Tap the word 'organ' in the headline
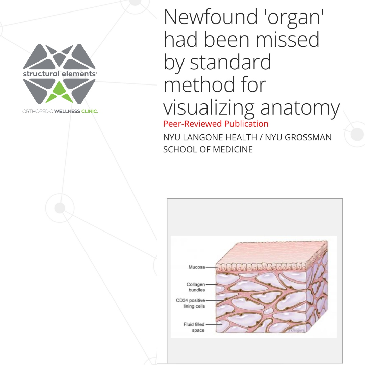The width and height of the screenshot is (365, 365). coord(295,18)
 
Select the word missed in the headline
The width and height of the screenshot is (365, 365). coord(288,39)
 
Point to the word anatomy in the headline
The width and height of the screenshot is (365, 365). coord(300,108)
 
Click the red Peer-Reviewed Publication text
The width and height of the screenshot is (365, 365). coord(216,124)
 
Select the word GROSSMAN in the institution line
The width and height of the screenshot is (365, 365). coord(298,137)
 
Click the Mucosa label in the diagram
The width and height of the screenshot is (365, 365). coord(197,267)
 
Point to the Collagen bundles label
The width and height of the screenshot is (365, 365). coord(196,287)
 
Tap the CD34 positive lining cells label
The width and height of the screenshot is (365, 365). coord(190,303)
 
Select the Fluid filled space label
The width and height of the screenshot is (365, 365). coord(194,327)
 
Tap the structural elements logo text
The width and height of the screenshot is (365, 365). coord(59,74)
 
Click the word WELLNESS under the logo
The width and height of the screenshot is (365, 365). coord(67,111)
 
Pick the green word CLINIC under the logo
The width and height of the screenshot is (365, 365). coord(89,111)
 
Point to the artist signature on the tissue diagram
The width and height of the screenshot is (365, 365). coord(296,330)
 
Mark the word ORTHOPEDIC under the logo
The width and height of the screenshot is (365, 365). coord(38,111)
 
